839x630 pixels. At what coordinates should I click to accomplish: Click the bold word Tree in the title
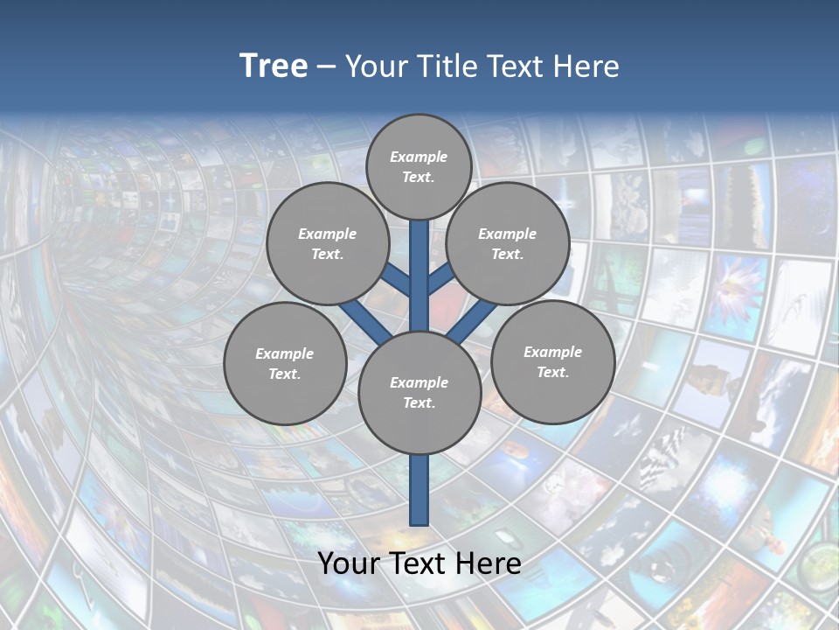coord(274,66)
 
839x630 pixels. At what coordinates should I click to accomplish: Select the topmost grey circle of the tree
coord(419,166)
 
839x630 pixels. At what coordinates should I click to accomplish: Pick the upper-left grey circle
coord(328,243)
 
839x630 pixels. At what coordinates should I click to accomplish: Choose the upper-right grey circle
coord(508,243)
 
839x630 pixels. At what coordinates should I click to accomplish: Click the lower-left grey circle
coord(285,363)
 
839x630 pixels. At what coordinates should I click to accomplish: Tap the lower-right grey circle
coord(552,361)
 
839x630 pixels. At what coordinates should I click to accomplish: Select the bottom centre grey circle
coord(419,392)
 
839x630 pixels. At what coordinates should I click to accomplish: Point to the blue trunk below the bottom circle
coord(419,490)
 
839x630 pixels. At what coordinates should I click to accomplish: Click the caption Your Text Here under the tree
coord(419,563)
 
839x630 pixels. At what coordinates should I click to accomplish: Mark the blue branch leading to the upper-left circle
coord(396,280)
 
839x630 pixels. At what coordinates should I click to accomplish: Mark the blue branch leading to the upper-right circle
coord(441,279)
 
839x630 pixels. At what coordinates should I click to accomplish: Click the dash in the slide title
coord(326,67)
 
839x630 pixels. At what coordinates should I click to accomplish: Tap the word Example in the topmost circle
coord(419,157)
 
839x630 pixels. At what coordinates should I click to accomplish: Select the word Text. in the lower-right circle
coord(552,372)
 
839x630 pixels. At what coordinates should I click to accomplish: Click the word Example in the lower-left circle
coord(285,353)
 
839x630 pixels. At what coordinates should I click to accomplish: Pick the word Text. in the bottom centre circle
coord(419,402)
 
